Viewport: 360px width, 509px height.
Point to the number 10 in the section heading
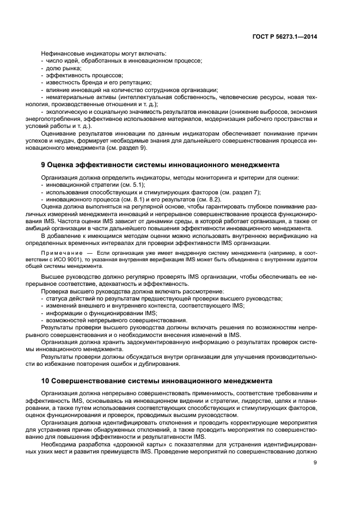pyautogui.click(x=46, y=379)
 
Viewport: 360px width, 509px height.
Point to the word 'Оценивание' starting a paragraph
pyautogui.click(x=59, y=133)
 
